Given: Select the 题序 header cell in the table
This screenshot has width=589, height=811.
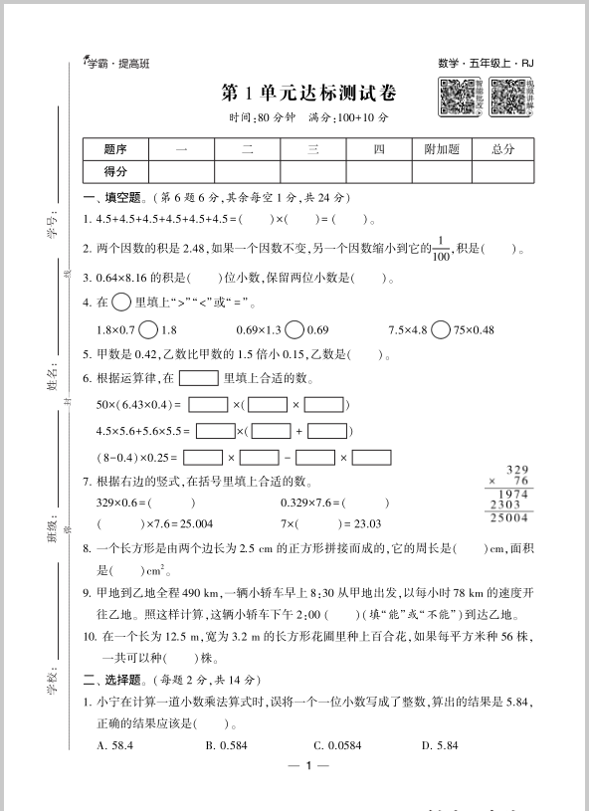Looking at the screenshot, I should pyautogui.click(x=115, y=149).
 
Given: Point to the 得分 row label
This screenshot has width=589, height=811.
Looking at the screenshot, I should pyautogui.click(x=115, y=171).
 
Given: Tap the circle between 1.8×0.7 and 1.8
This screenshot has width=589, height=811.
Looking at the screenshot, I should pyautogui.click(x=147, y=329).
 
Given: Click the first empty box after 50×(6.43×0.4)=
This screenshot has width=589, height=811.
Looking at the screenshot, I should pyautogui.click(x=208, y=405).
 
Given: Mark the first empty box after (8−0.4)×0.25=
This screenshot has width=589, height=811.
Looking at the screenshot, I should pyautogui.click(x=204, y=458).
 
